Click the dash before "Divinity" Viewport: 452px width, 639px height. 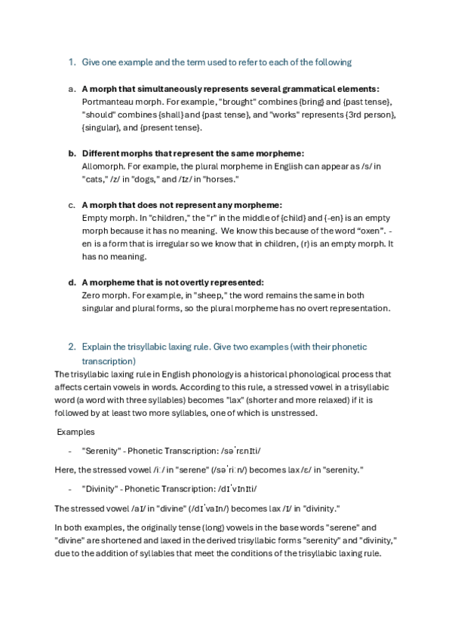70,488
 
